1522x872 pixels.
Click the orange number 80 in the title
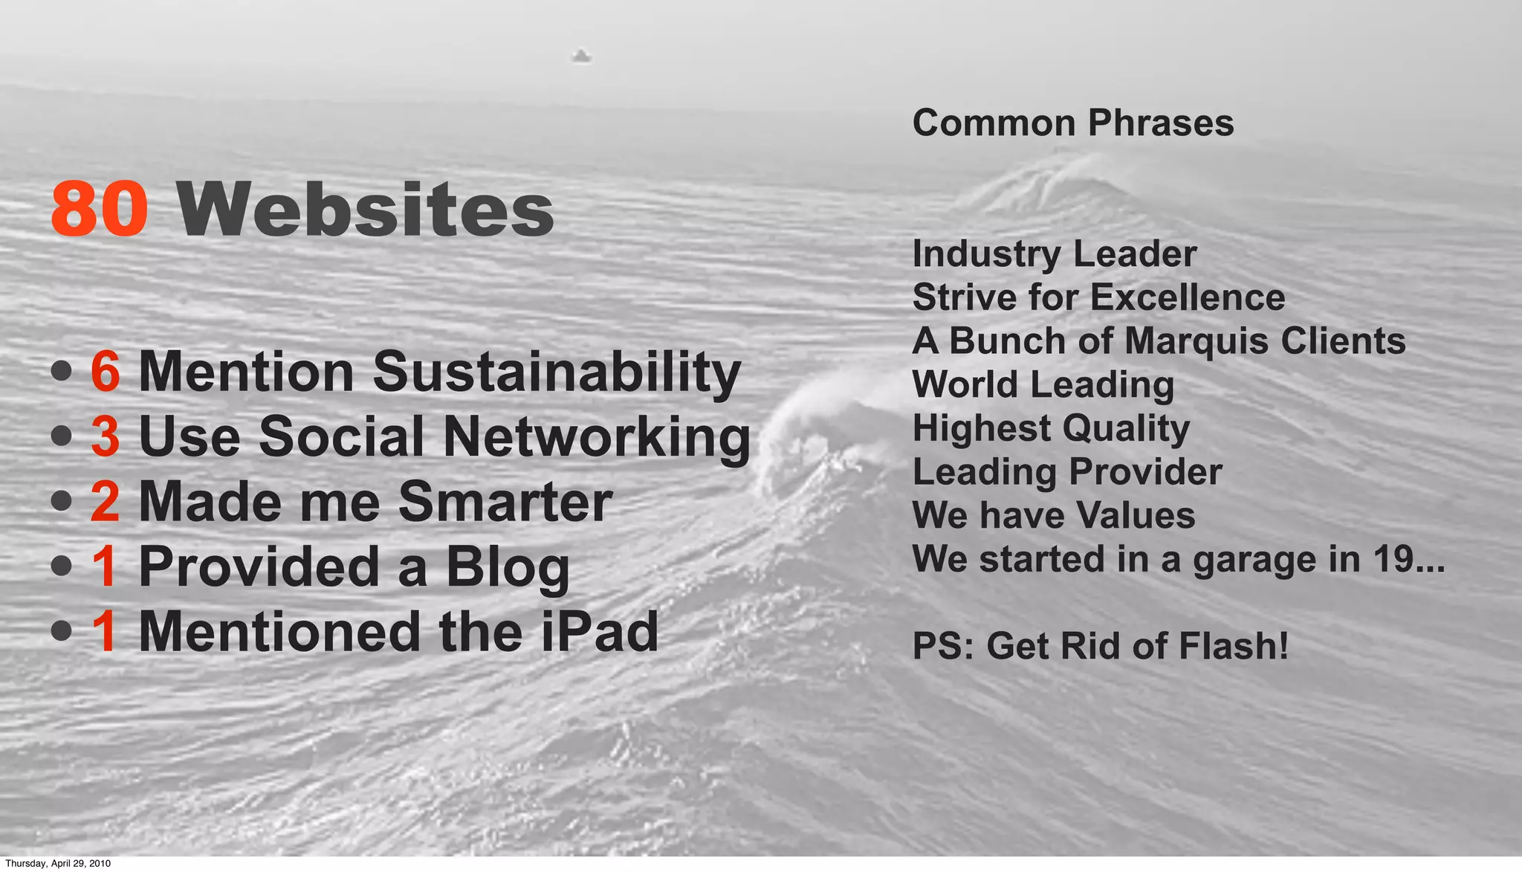99,210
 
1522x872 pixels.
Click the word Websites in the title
366,210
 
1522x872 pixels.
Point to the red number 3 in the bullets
105,436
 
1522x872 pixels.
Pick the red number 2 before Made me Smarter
105,501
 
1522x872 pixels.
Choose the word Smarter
505,501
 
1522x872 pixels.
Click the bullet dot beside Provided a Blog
62,567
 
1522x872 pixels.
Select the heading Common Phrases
1072,123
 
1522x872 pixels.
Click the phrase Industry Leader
1054,254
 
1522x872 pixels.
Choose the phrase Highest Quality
1050,429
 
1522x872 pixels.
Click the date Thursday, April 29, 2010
58,863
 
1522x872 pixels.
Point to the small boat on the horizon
581,56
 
